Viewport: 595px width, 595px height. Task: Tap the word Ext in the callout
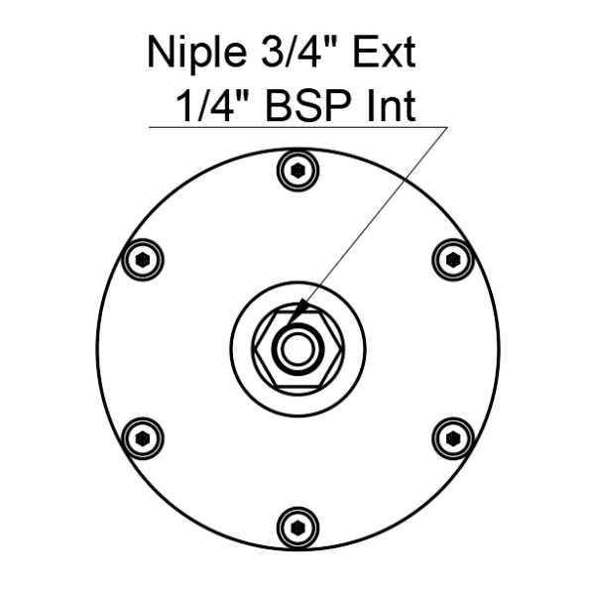click(384, 52)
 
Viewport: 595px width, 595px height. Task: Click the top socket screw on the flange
click(297, 171)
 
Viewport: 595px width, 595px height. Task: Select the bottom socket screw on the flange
click(297, 528)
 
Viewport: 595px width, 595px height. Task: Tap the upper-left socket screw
click(143, 260)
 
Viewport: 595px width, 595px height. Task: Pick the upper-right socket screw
click(453, 260)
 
